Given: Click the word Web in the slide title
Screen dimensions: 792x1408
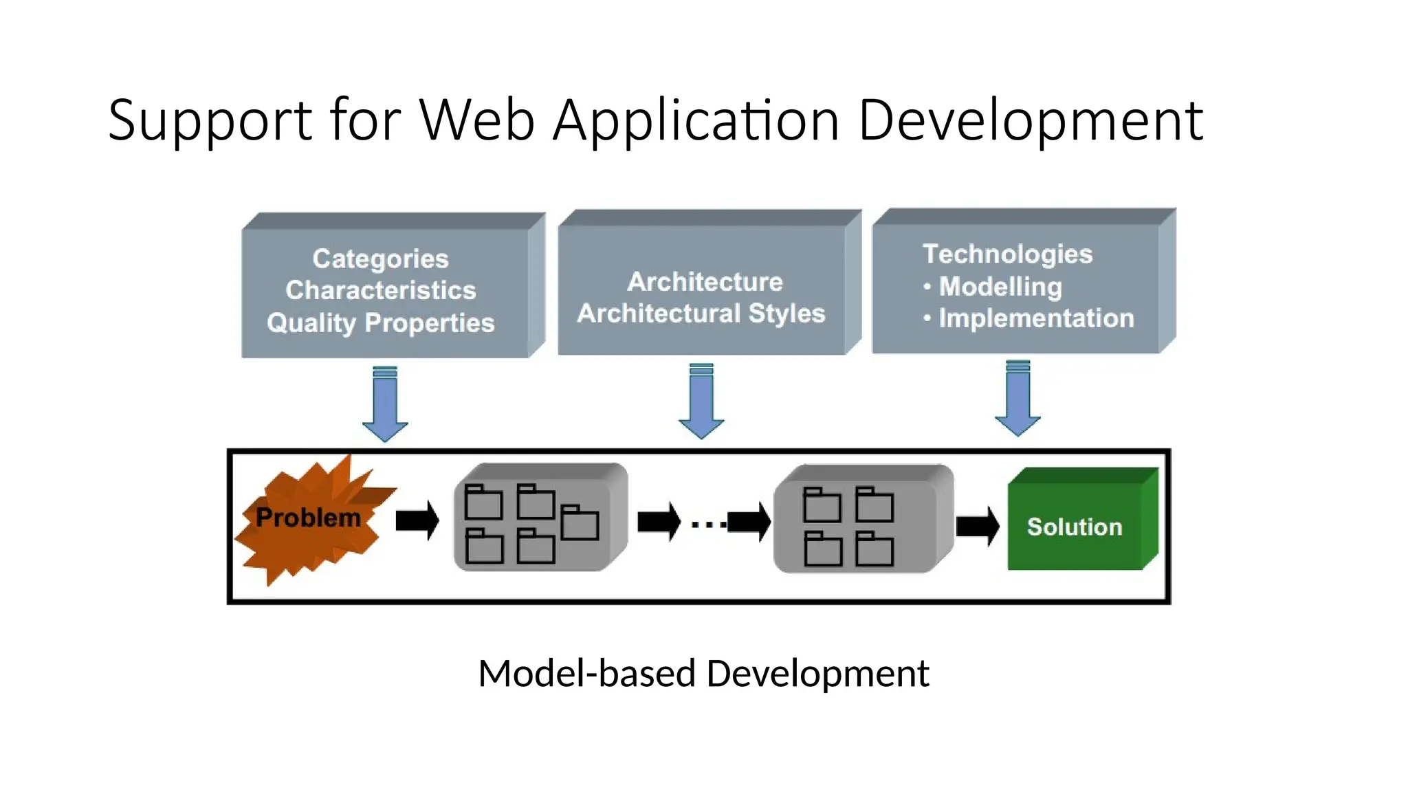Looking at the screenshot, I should click(476, 120).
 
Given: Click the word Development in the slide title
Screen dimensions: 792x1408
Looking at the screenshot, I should click(1030, 120).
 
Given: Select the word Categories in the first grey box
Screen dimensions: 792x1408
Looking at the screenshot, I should click(380, 258).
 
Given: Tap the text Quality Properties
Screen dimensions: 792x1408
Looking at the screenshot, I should click(380, 322).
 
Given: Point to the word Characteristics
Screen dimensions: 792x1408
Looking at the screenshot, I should click(380, 290).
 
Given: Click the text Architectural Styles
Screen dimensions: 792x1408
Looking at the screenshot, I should click(701, 313).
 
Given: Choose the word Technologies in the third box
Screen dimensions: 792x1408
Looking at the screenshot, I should click(1007, 254).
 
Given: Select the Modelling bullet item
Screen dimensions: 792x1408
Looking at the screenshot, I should click(1000, 286).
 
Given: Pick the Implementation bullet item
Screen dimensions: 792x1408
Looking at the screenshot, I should click(1035, 318).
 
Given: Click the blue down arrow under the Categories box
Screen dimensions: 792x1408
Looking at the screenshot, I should click(385, 405).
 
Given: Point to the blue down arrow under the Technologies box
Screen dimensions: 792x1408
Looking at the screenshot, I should click(1017, 399).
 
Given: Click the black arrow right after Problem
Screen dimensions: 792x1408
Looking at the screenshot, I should click(417, 520).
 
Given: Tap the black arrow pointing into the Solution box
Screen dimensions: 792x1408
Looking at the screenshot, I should click(978, 526).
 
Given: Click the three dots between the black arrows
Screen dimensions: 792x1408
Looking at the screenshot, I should click(708, 525).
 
